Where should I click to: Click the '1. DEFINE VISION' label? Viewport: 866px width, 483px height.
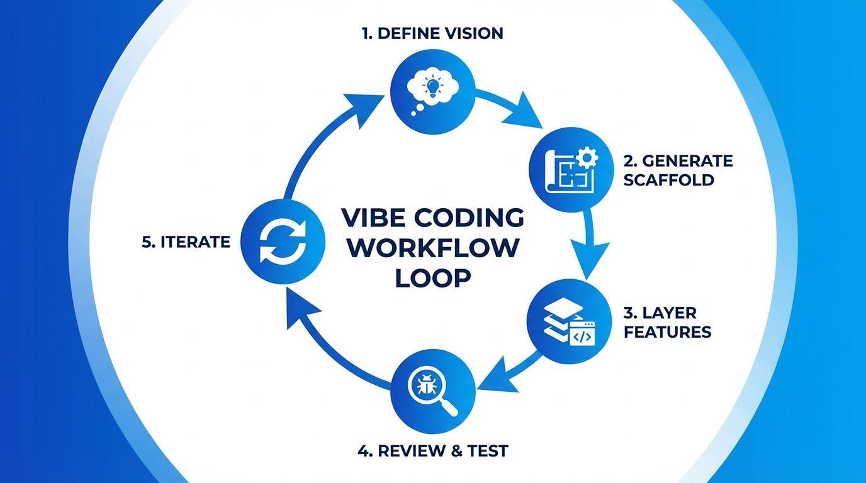click(432, 34)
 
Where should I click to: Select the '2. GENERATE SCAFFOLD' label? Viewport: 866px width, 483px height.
click(677, 170)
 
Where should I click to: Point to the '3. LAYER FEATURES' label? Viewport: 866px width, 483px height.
click(667, 322)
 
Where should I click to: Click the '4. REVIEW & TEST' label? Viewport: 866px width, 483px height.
click(432, 451)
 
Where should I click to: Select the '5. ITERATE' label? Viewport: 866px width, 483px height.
click(186, 241)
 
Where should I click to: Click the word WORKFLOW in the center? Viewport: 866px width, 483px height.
click(432, 248)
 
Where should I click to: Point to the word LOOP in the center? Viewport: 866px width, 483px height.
click(432, 277)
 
